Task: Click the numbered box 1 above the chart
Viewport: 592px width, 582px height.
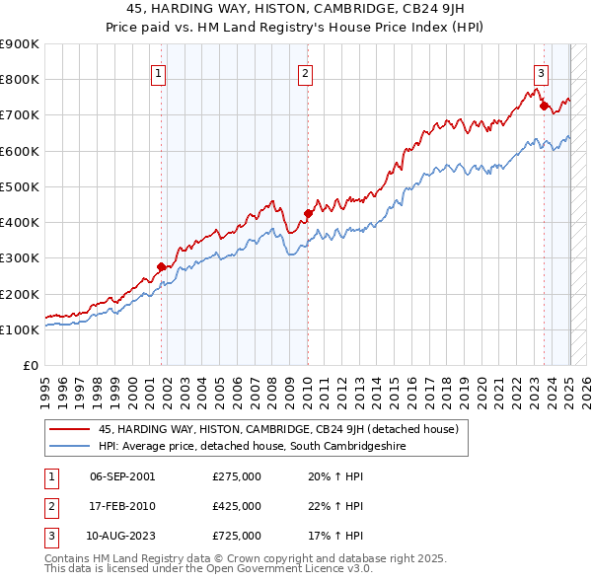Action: (x=158, y=72)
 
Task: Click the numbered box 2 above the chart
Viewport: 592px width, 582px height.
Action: (x=306, y=72)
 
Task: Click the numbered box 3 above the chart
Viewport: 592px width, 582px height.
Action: (x=542, y=72)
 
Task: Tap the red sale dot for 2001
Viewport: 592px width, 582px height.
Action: (x=162, y=266)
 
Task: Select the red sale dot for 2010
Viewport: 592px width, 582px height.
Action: (x=308, y=213)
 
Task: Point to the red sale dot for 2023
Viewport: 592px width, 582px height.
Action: (x=544, y=106)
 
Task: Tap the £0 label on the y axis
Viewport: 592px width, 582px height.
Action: (x=31, y=366)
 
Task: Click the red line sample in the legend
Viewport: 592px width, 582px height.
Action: (x=69, y=430)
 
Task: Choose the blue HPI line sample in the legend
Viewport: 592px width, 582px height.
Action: (x=69, y=447)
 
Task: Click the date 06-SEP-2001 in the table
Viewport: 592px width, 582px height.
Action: (x=122, y=476)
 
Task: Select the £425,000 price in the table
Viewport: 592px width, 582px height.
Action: (x=237, y=506)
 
